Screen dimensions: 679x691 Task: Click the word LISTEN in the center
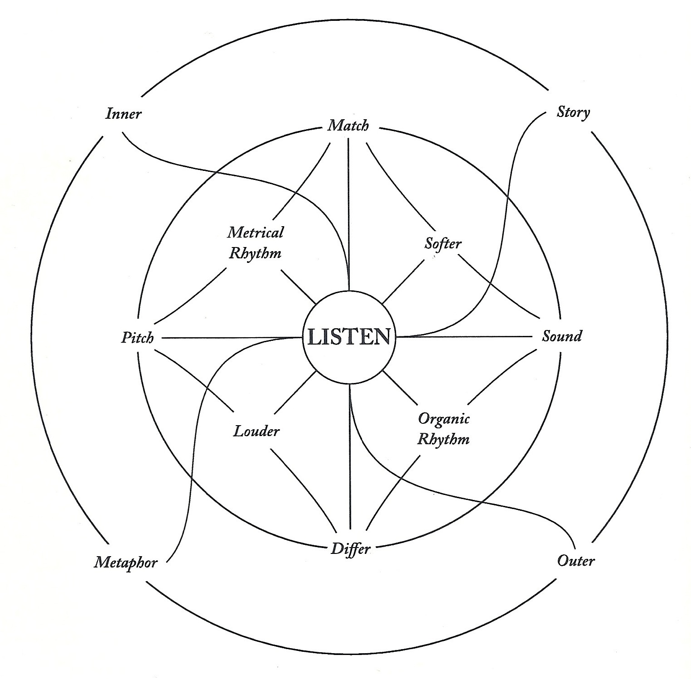pos(348,337)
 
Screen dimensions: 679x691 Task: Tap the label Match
pos(348,125)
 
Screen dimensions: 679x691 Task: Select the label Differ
pos(351,549)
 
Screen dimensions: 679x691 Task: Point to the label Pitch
pos(137,338)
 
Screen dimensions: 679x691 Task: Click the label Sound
pos(562,336)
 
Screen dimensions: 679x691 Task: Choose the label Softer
pos(443,244)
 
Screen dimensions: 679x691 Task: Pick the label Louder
pos(256,431)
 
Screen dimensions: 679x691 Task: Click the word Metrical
pos(255,233)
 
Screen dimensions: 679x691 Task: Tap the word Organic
pos(444,418)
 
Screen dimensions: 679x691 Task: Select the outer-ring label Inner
pos(123,113)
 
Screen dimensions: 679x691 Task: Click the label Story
pos(573,112)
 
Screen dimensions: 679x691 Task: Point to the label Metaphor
pos(126,563)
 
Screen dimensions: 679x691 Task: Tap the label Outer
pos(575,561)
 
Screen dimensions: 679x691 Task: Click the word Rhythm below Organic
pos(444,439)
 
